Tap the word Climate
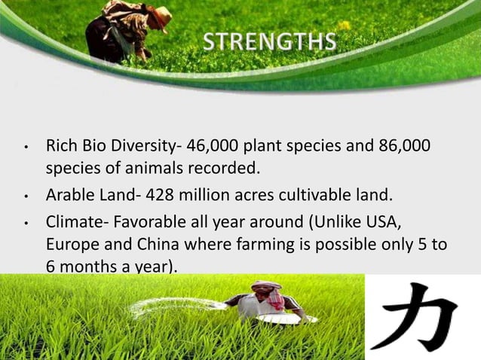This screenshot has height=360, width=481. (x=74, y=224)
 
